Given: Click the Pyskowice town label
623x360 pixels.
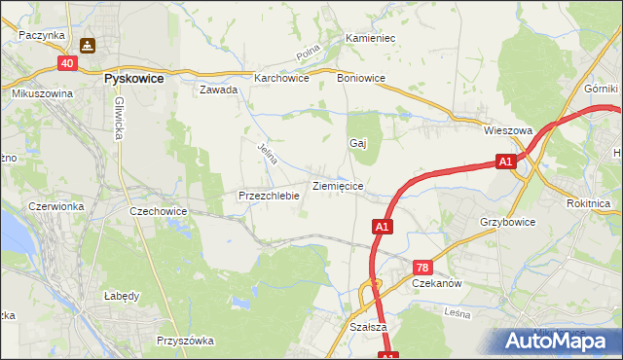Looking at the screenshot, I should [133, 76].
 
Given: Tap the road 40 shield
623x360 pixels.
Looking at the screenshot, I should [66, 63].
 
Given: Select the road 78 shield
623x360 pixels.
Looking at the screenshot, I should [422, 267].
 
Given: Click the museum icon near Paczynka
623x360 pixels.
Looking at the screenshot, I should [87, 45].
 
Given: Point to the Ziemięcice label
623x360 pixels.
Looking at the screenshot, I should [338, 185].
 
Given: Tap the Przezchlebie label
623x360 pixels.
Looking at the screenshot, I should [268, 196].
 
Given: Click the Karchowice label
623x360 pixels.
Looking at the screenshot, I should [281, 79].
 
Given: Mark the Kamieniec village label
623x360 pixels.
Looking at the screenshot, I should [369, 39].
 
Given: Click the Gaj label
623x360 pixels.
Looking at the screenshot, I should [357, 143].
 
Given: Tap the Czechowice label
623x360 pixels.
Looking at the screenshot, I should [158, 210].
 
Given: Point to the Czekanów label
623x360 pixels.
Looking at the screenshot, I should [436, 283].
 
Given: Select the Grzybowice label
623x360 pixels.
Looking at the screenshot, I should [507, 222].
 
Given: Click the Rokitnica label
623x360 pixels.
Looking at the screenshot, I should [587, 204].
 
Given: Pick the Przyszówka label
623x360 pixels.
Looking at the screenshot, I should [184, 341].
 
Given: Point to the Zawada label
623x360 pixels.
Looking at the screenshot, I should [219, 90].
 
